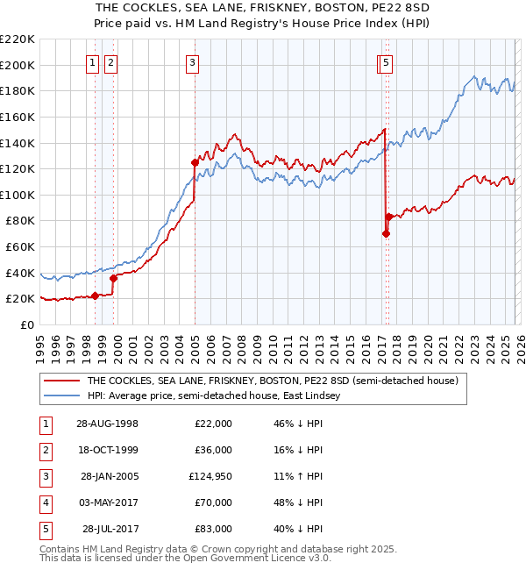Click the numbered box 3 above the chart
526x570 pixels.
191,62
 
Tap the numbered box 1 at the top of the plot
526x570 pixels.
92,62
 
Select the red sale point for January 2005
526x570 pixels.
195,162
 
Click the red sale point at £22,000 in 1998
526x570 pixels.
96,296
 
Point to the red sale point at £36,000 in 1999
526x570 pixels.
113,278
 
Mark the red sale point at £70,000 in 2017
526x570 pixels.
386,233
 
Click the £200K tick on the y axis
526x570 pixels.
18,65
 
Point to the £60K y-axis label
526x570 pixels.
20,246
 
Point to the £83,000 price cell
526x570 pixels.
214,529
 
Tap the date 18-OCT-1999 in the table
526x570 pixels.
108,450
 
